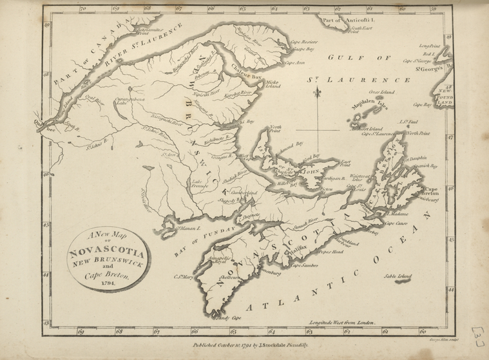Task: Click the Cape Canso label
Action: click(398, 223)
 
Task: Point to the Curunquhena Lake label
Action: click(128, 102)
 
